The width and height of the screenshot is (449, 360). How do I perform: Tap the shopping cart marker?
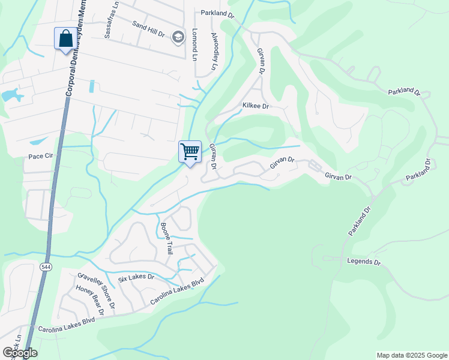(x=190, y=152)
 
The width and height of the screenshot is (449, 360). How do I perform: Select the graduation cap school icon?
(x=178, y=37)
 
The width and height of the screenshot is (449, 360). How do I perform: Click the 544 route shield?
(x=46, y=266)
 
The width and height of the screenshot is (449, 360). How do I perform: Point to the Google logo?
(x=19, y=352)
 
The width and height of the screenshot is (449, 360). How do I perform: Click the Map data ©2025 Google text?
(x=412, y=355)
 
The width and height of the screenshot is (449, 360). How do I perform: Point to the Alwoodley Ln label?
(x=214, y=52)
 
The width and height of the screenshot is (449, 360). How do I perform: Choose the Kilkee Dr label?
(x=256, y=106)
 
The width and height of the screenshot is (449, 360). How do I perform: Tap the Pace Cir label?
(x=41, y=156)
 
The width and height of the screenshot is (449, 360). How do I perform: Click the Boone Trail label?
(x=166, y=238)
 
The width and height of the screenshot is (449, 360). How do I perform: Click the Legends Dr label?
(x=364, y=262)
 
